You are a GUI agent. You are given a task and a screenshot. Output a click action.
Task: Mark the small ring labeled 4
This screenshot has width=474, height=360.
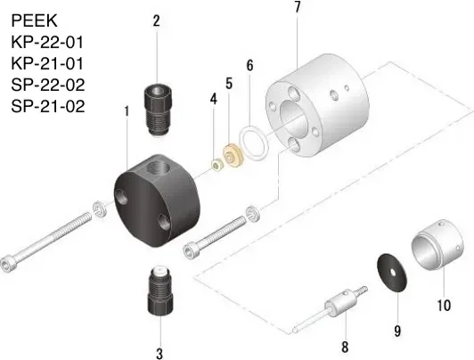215,163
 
